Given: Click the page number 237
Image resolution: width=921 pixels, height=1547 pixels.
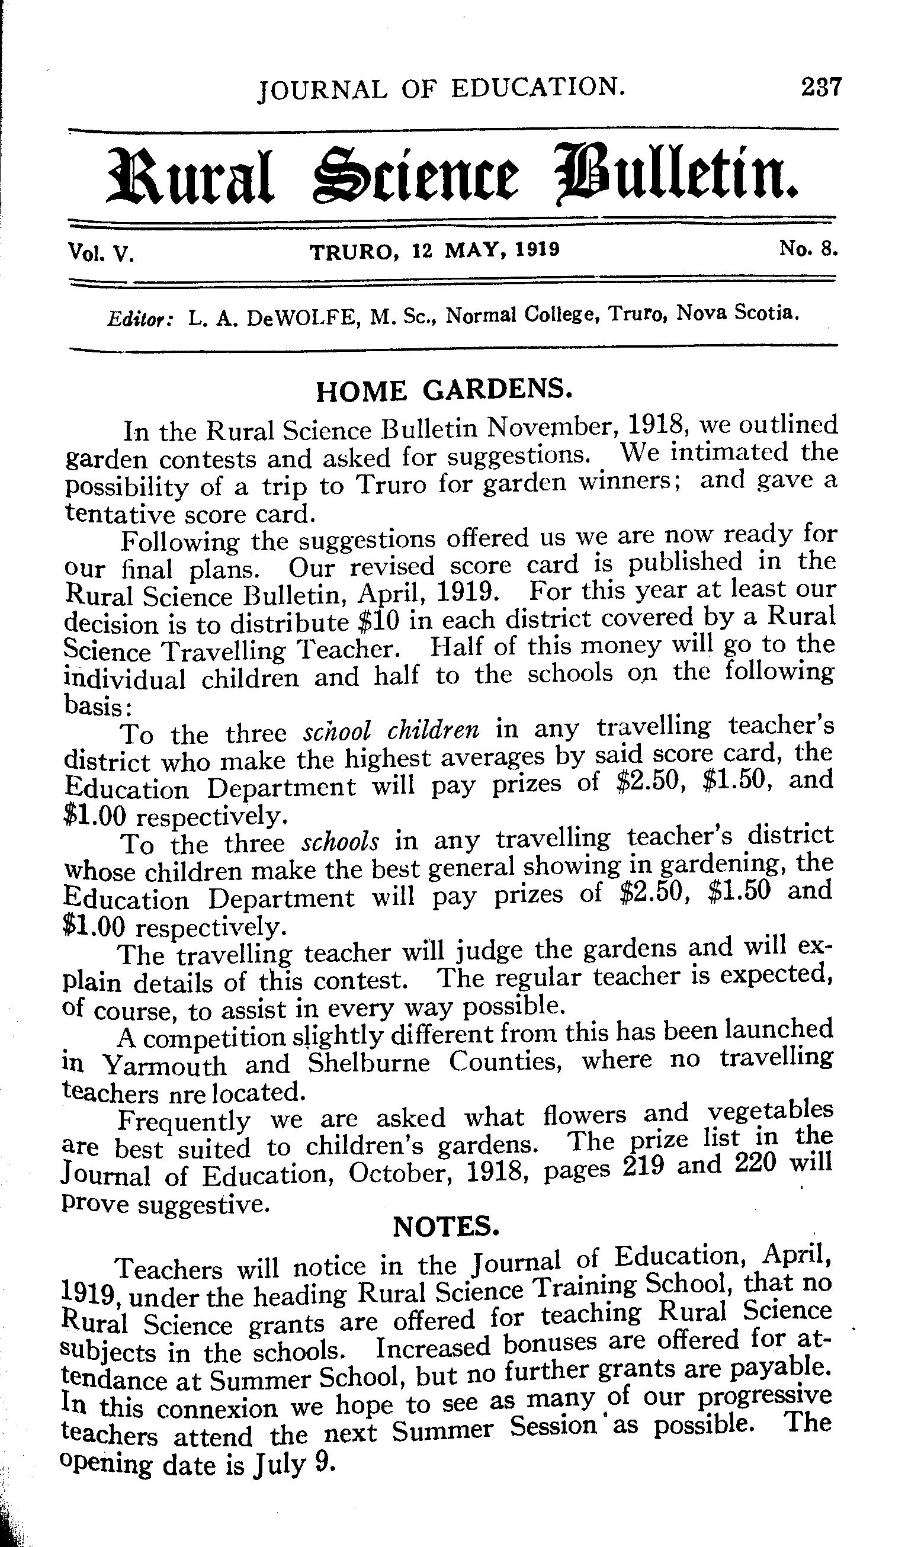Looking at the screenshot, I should point(820,86).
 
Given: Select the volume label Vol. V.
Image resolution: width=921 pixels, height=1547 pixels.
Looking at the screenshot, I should point(101,253).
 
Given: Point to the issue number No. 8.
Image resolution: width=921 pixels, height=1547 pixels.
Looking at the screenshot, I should point(808,249).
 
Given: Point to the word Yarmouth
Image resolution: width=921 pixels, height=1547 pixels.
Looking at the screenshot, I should point(165,1066).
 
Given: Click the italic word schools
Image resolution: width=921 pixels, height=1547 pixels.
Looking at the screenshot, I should point(340,842).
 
